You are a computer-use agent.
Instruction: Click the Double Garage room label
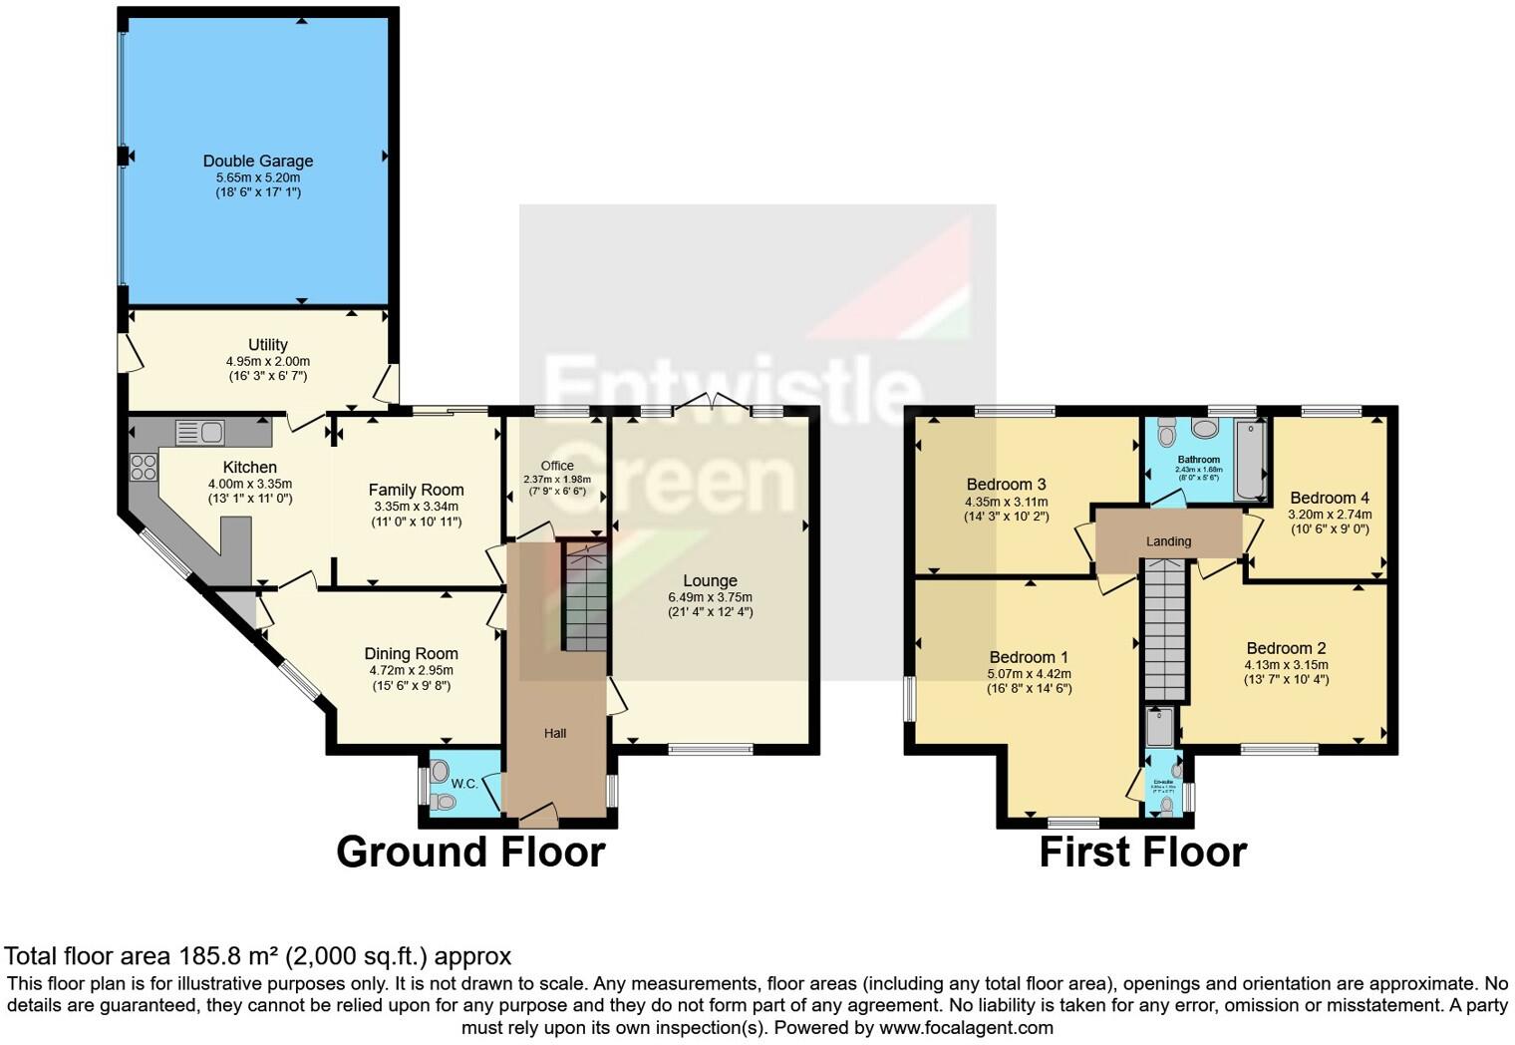258,161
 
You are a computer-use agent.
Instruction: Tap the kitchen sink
200,432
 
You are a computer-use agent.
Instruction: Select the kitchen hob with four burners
144,467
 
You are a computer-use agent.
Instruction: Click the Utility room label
268,345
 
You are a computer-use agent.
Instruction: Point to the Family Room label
416,490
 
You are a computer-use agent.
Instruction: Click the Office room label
557,466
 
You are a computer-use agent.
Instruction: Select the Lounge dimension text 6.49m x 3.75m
710,597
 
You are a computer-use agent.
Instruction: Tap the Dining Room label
411,654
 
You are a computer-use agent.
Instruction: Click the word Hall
555,733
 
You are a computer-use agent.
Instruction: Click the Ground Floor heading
470,853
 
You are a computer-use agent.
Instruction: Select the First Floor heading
1143,853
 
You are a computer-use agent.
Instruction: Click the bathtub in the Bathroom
1250,460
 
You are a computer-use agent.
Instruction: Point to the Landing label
1168,541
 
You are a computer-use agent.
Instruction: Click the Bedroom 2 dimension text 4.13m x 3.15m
1286,665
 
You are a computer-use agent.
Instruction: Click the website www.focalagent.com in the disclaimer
966,1027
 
